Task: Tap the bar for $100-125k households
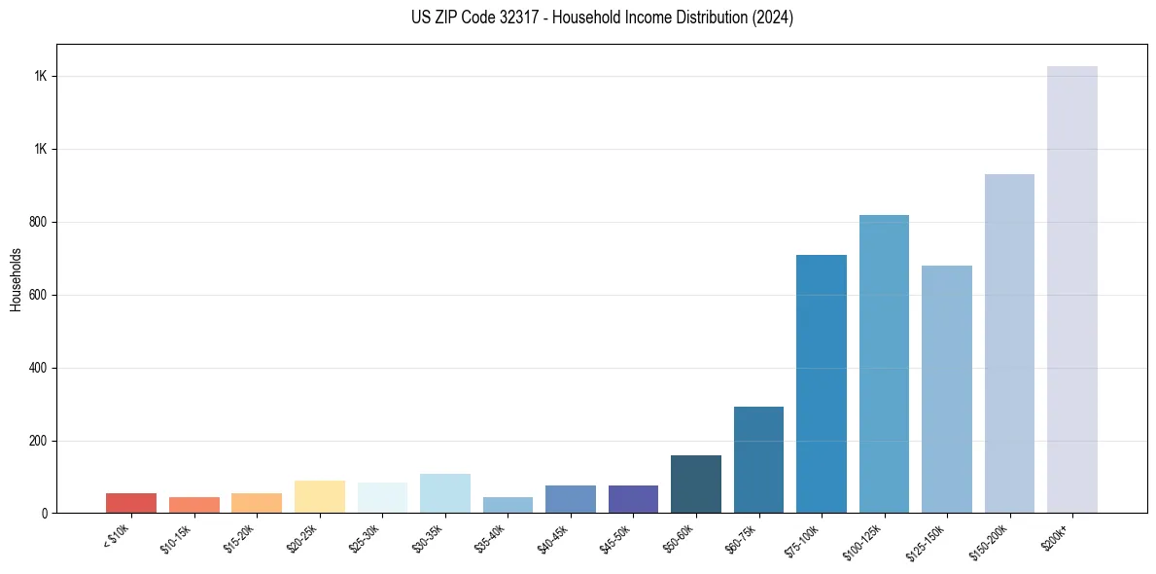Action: (884, 364)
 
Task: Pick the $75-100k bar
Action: (821, 384)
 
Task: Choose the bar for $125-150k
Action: (946, 389)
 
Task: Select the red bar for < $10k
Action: (130, 503)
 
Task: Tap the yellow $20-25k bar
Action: (319, 497)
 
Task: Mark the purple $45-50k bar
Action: (633, 499)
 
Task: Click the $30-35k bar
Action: (444, 493)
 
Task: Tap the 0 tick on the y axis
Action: (44, 514)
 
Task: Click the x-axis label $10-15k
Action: (175, 538)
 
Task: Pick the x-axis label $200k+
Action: (1056, 534)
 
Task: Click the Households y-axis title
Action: (16, 279)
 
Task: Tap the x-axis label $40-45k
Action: (552, 538)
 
